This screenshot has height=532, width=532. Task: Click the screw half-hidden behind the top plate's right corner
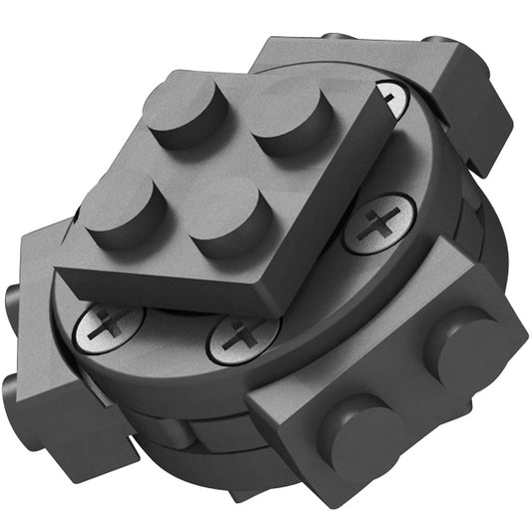click(392, 99)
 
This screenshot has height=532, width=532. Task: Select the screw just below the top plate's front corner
click(243, 338)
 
